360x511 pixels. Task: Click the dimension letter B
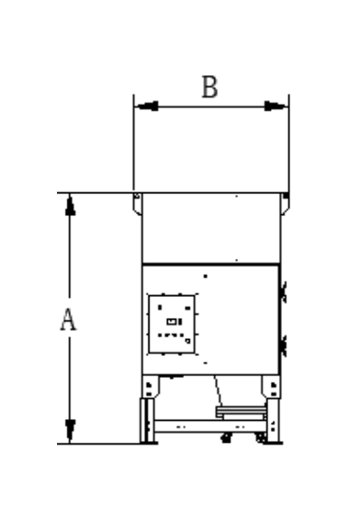[x=209, y=87]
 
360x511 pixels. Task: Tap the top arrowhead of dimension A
[x=70, y=205]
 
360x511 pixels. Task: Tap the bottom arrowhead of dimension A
[x=70, y=430]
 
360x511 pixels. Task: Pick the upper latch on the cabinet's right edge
[x=283, y=293]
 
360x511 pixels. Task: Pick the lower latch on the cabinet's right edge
[x=283, y=345]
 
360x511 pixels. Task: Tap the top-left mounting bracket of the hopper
[x=137, y=204]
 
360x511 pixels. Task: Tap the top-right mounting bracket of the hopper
[x=286, y=204]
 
